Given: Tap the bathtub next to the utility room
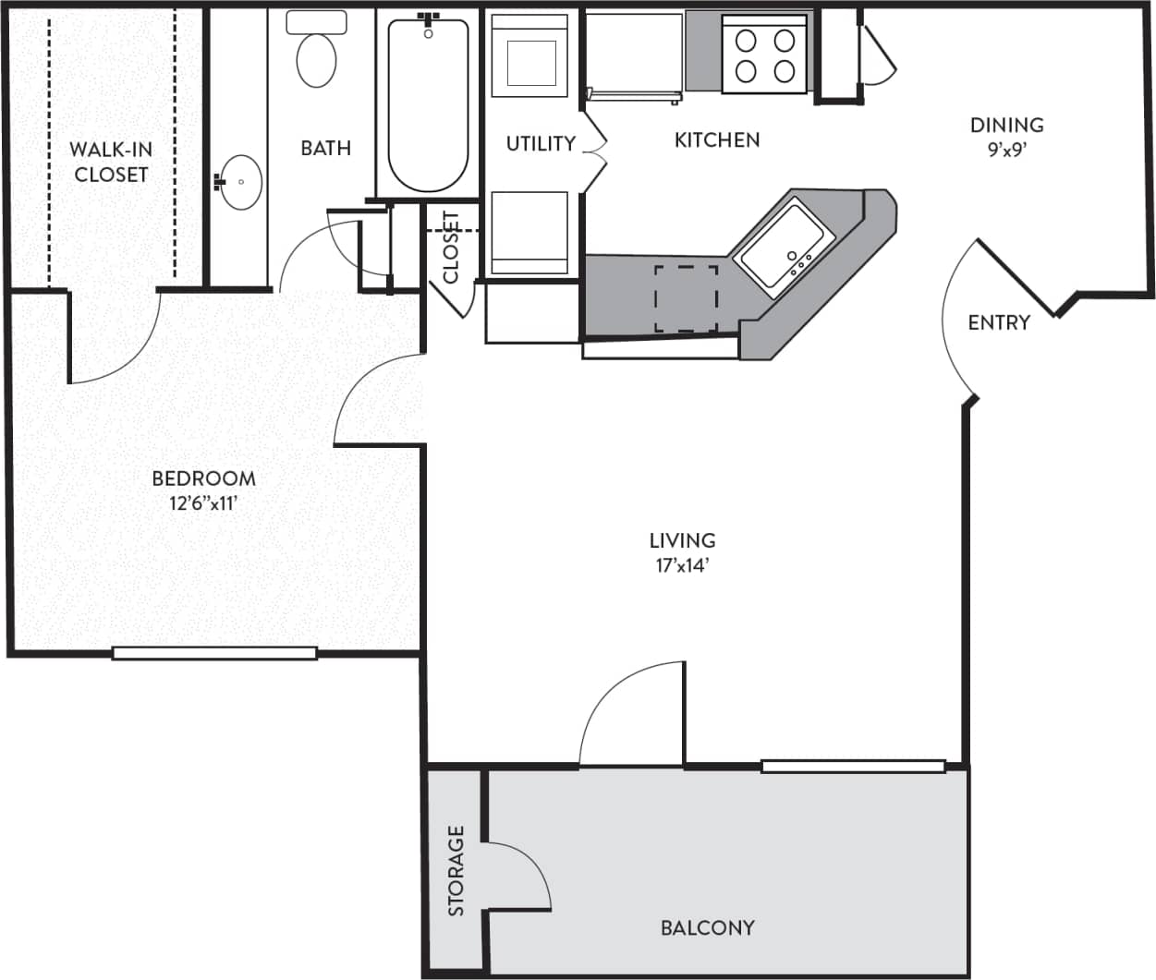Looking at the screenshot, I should (428, 103).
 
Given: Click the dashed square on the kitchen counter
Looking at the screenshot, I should (687, 298).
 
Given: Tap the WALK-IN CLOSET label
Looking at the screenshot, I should (111, 162).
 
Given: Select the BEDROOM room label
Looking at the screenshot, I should (203, 478).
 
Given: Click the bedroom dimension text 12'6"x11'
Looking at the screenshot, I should (203, 504).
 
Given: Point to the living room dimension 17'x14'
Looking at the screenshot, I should (682, 566).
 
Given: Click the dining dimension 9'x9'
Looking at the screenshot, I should (1006, 150).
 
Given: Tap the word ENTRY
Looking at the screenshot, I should (999, 322).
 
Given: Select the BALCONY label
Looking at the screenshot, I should (707, 927).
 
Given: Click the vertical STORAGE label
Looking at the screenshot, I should (456, 871).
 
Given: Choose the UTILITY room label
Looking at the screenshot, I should (541, 143).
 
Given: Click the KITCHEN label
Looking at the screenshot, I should (717, 139).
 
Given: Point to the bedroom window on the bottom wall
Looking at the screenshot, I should (214, 653).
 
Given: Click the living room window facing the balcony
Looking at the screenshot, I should (853, 766).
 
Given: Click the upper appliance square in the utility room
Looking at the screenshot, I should (529, 56).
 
